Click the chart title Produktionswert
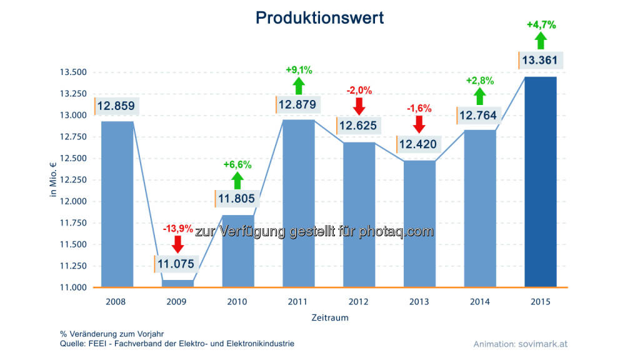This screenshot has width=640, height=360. (x=319, y=18)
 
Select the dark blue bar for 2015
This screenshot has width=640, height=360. (x=540, y=181)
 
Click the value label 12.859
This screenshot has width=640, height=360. (x=115, y=106)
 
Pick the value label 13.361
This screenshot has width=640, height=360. (x=541, y=60)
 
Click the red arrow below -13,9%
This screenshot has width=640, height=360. (x=177, y=244)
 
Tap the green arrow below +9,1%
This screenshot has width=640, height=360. (x=299, y=86)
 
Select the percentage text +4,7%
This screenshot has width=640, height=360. (x=541, y=25)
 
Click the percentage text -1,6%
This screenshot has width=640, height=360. (x=419, y=108)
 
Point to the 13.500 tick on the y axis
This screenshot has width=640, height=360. (x=74, y=72)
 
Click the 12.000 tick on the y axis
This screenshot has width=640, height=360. (x=74, y=201)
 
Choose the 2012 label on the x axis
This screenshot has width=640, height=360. (x=359, y=302)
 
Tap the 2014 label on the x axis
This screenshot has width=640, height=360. (x=480, y=302)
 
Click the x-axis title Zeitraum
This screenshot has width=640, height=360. (x=330, y=317)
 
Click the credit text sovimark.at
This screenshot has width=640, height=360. (x=543, y=344)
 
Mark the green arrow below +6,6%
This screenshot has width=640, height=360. (x=237, y=180)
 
